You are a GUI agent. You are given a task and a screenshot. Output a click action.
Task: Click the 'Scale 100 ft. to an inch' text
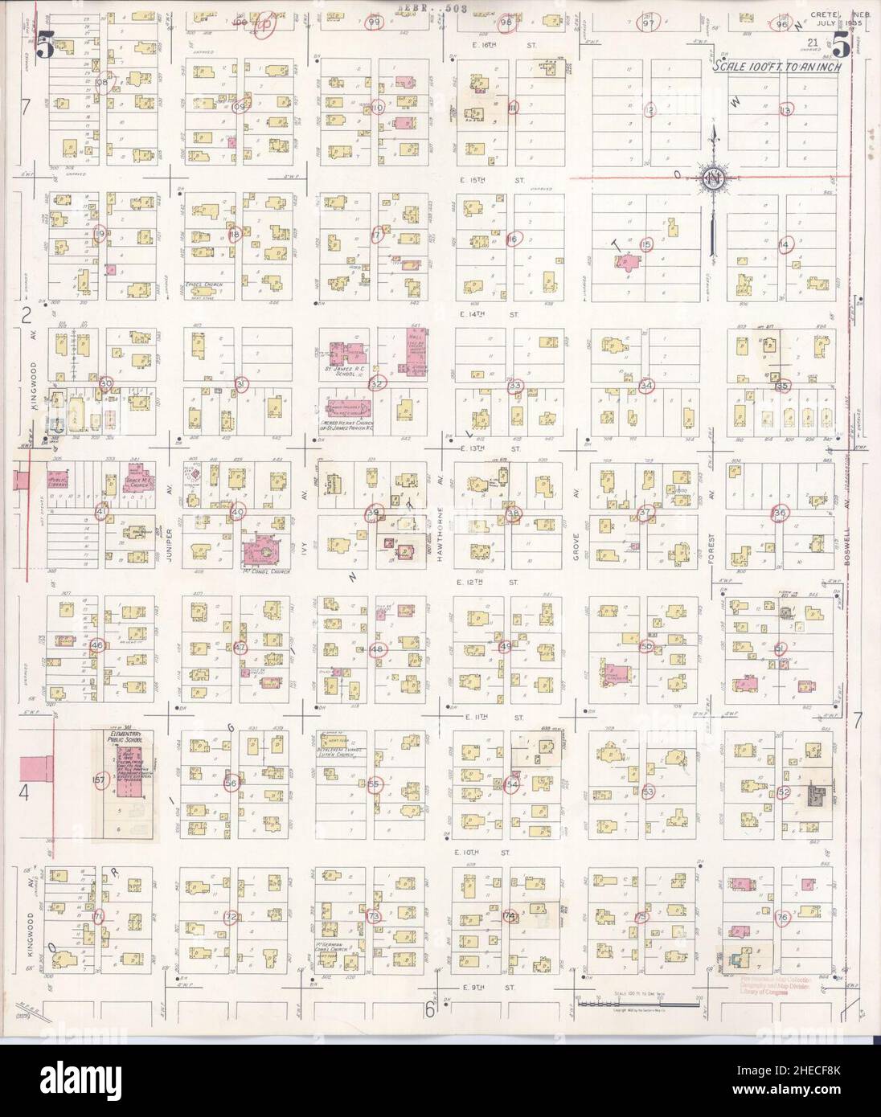[777, 68]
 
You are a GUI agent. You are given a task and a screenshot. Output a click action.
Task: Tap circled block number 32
[375, 384]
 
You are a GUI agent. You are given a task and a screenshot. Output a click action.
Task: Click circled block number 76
[782, 917]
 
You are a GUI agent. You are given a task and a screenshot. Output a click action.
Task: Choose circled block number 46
[98, 645]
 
